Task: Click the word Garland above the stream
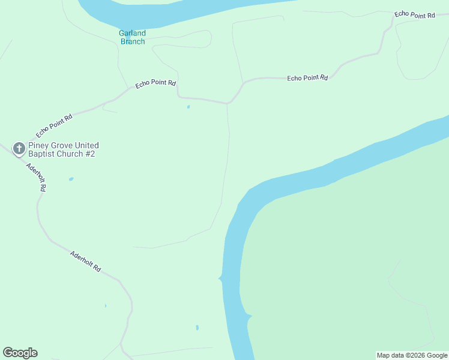132,33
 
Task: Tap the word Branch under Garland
133,41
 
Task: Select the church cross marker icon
19,149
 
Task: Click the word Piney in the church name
39,146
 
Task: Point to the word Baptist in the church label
42,154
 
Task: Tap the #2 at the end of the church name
89,154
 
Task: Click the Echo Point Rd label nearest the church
54,125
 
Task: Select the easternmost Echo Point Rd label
414,14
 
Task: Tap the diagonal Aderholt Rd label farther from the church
85,261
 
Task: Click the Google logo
20,353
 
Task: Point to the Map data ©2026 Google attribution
412,355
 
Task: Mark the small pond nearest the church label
71,179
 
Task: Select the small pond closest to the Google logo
105,306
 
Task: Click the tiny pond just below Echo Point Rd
188,107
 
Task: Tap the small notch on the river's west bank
220,278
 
